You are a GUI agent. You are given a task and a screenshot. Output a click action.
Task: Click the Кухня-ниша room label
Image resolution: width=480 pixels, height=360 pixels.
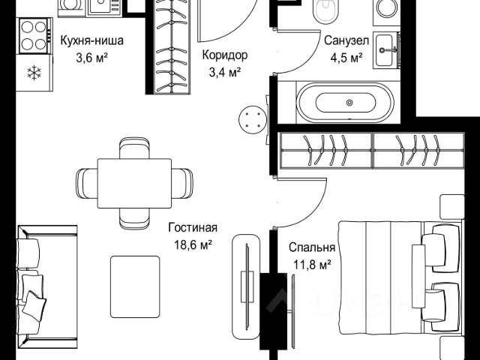tap(91, 40)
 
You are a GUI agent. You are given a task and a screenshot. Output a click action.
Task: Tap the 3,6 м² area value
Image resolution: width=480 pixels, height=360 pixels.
tap(91, 58)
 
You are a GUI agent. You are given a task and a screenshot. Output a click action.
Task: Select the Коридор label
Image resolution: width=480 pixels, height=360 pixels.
tap(225, 55)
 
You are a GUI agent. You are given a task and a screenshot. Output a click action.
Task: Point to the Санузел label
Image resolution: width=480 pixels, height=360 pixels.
tap(346, 40)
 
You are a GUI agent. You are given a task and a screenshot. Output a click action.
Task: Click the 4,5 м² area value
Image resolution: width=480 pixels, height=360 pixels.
tap(346, 58)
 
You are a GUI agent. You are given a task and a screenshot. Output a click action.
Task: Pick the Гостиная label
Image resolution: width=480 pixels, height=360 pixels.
tap(193, 228)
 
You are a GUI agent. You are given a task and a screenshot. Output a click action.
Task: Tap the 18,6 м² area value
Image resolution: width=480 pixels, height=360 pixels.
tap(193, 245)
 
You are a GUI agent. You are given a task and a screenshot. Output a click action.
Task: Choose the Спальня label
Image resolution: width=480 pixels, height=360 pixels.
tap(312, 247)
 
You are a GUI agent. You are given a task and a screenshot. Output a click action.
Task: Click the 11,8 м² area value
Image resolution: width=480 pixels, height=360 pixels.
tap(312, 265)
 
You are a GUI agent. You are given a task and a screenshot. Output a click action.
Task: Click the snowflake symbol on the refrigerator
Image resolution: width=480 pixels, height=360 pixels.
tap(34, 73)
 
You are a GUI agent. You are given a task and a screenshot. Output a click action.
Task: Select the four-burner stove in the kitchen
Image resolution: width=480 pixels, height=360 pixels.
tap(34, 36)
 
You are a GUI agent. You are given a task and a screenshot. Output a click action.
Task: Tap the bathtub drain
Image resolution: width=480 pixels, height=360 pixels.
tap(349, 103)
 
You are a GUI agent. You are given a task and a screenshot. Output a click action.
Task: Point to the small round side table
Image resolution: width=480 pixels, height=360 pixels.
tap(253, 120)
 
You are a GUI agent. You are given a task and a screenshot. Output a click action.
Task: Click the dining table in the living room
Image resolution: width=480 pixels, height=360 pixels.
tap(134, 183)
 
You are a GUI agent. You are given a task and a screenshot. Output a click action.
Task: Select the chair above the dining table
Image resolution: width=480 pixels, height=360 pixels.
tap(134, 148)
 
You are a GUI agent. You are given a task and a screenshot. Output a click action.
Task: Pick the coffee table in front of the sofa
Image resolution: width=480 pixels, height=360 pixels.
tap(135, 286)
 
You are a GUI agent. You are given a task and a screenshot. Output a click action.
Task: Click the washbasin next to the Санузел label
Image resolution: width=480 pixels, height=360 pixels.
tap(385, 50)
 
